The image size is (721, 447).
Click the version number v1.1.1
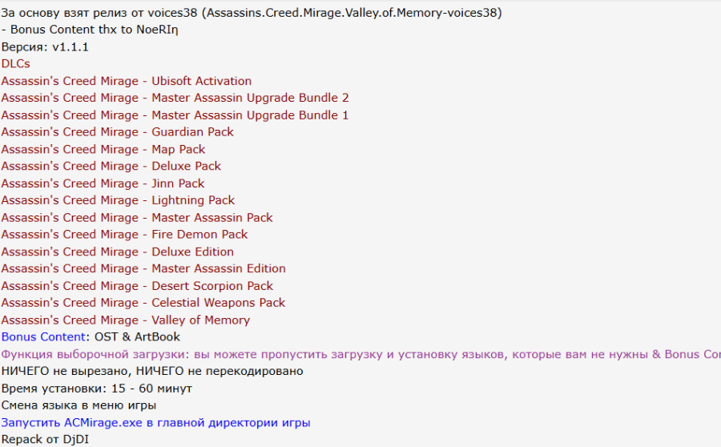tap(70, 46)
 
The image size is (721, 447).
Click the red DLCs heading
tap(16, 63)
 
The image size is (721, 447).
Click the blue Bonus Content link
tap(43, 337)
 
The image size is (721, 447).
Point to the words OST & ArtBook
tap(138, 337)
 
